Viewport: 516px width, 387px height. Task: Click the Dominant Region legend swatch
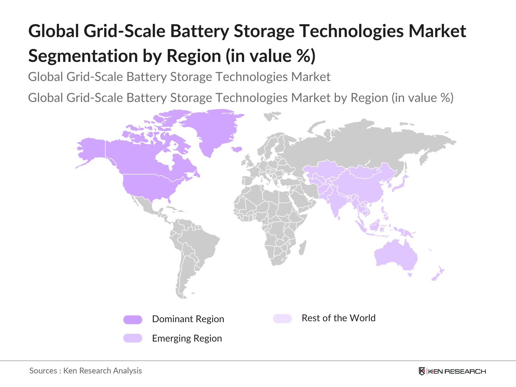133,320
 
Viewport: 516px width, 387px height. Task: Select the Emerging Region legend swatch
133,338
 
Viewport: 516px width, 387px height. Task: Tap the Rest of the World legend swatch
282,319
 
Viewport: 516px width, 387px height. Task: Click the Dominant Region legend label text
188,319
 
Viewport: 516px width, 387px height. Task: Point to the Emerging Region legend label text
187,339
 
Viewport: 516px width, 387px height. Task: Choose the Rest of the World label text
338,318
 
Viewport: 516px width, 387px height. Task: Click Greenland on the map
213,129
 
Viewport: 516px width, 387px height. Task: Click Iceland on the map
237,149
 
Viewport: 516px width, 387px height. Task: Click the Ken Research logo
452,371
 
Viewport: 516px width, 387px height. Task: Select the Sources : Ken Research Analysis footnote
85,371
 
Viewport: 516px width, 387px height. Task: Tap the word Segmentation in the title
83,56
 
